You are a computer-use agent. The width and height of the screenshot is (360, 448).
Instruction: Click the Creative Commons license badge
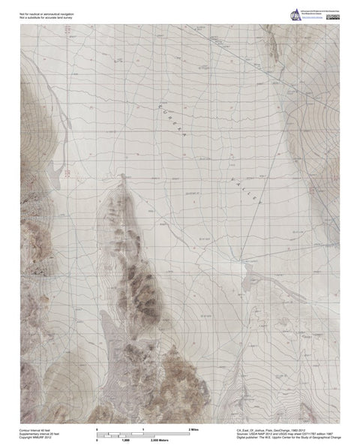click(x=336, y=17)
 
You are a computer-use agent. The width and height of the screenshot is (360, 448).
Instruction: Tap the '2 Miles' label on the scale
click(x=193, y=429)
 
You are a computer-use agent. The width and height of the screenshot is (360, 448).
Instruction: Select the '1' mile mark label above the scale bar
click(x=142, y=429)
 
